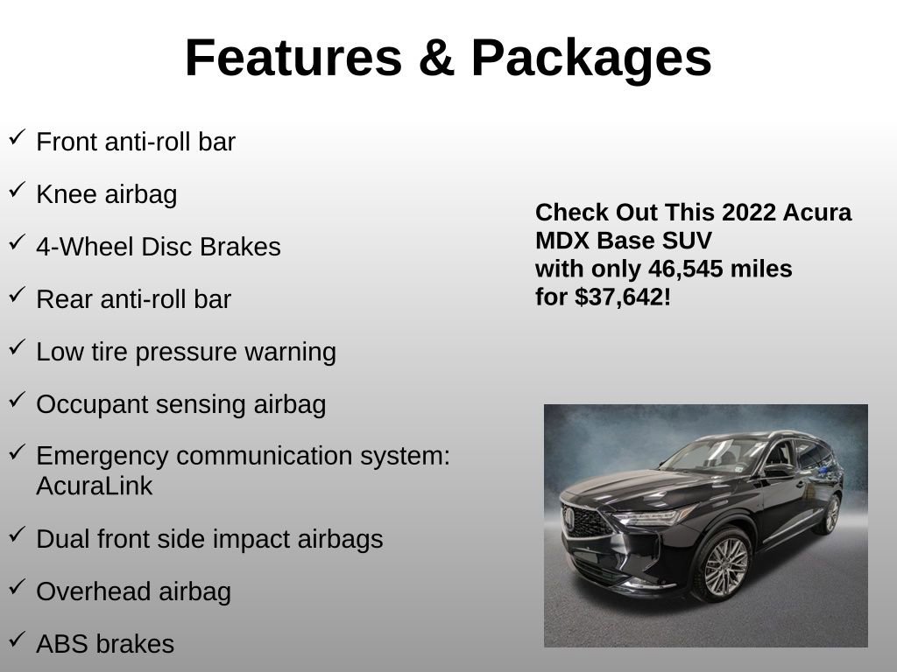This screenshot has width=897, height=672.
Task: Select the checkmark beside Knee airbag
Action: pos(17,190)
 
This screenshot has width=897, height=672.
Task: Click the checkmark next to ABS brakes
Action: pos(17,640)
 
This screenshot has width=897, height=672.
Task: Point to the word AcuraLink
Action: pos(94,486)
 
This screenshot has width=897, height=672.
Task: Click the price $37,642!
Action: pos(623,297)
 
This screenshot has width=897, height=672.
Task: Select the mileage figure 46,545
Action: pos(687,269)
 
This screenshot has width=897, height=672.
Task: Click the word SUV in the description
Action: pos(689,241)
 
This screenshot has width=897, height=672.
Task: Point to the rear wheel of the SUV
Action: pos(827,514)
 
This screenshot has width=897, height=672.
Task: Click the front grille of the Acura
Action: pos(584,522)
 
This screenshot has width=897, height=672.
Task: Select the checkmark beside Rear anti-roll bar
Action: pos(17,295)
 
